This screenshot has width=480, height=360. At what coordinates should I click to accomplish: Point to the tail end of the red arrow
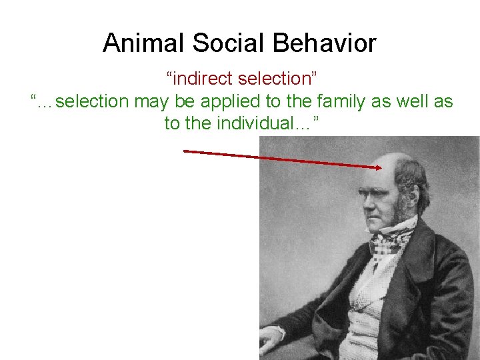185,151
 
